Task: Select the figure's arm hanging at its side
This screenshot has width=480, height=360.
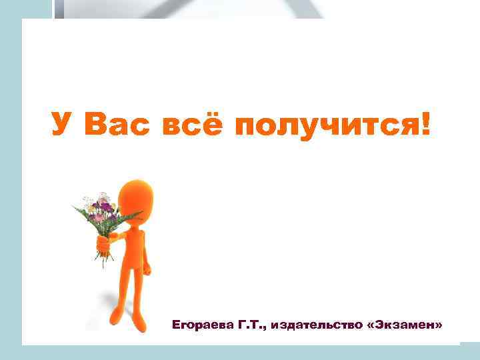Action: tap(146, 257)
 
